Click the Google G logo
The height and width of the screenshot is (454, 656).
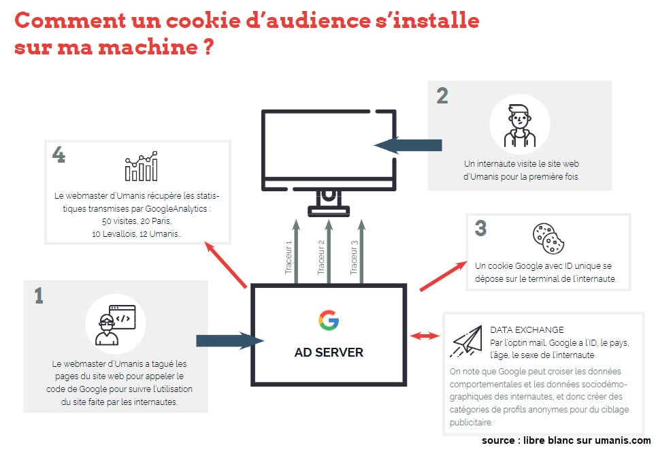(x=329, y=321)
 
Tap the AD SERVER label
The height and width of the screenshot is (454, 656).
(x=329, y=353)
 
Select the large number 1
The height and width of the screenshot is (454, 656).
(x=39, y=295)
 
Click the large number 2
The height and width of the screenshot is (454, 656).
(x=442, y=96)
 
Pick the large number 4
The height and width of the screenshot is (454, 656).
(x=59, y=155)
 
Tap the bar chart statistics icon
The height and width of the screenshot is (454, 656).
(x=141, y=166)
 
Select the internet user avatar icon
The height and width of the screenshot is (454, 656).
(x=519, y=125)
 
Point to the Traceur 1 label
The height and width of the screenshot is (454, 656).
(x=289, y=257)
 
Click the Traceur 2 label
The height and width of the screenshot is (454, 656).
(x=321, y=257)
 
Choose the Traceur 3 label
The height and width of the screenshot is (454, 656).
(x=355, y=257)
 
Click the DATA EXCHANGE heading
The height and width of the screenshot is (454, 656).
(x=527, y=330)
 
